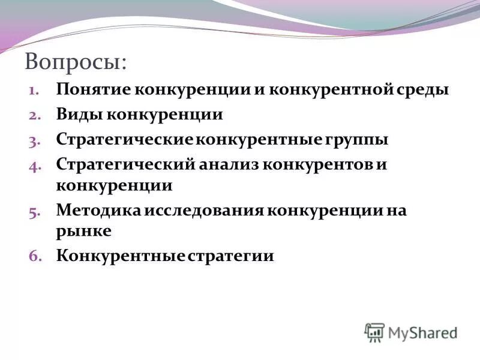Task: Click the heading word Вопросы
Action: pyautogui.click(x=75, y=62)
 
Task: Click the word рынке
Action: pyautogui.click(x=83, y=230)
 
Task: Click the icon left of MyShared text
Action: pyautogui.click(x=374, y=332)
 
